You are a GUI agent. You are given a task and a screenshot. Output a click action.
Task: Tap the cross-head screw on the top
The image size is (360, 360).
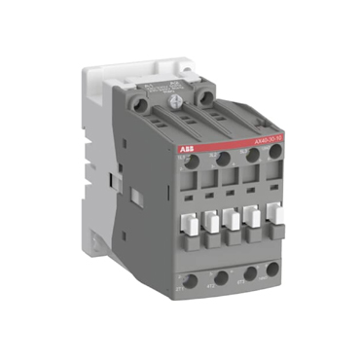coord(175,99)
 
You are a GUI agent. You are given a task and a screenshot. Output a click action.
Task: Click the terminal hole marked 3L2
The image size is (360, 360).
coord(223,159)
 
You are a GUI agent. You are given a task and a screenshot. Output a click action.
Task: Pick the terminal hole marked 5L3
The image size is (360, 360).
coord(253,157)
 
